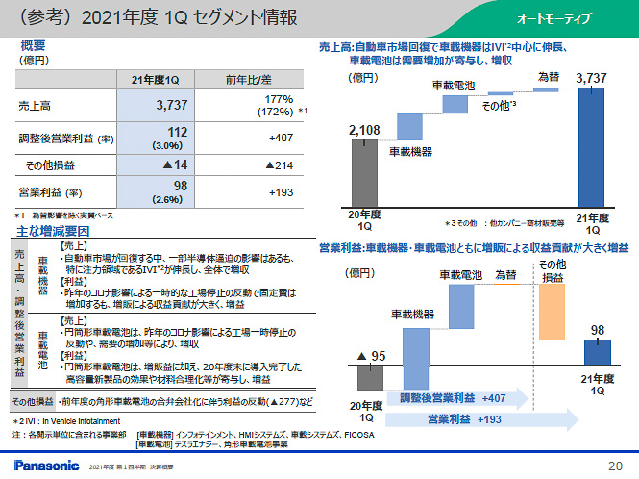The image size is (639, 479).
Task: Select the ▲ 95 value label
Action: [371, 357]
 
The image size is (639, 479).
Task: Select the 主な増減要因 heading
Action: [54, 231]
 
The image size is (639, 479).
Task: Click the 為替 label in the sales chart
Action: [548, 76]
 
